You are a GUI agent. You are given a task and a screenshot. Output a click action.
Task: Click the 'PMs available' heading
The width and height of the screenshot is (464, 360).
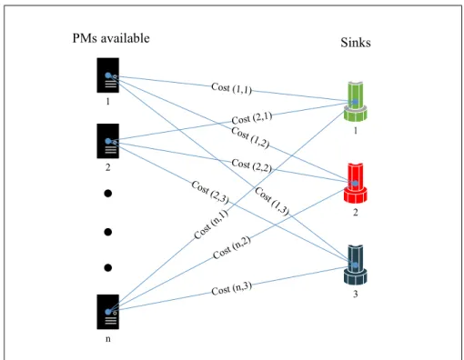coord(111,38)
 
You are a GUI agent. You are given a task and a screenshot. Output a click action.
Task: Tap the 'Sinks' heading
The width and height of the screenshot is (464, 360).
coord(356,43)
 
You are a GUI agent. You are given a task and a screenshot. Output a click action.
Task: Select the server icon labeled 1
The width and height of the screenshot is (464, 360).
coord(108,75)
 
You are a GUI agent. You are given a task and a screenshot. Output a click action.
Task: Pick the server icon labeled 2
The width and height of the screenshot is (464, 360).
coord(108,141)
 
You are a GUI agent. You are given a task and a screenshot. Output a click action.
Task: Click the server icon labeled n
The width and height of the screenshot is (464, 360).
coord(108,312)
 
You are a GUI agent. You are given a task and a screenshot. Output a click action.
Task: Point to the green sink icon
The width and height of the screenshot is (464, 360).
coord(356,101)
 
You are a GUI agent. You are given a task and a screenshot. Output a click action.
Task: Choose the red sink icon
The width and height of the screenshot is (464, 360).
coord(356,183)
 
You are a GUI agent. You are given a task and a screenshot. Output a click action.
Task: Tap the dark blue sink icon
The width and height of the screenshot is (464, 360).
coord(356,265)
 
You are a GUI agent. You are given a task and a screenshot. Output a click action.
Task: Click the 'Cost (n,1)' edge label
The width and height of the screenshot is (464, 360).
coord(211,225)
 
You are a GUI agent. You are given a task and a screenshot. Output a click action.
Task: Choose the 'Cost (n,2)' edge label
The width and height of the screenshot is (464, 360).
coord(232,247)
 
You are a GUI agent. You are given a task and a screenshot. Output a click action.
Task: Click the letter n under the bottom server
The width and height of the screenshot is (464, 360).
coord(108,339)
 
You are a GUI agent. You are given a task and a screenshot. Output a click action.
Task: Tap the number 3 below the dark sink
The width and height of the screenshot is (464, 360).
coord(356,294)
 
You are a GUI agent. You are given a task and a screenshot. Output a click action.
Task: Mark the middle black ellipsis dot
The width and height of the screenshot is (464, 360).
coord(108,232)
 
